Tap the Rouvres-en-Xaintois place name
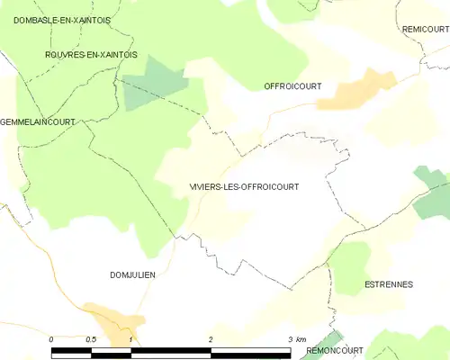click(90, 55)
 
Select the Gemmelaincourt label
click(38, 120)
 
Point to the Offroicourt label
click(292, 86)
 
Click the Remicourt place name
click(425, 30)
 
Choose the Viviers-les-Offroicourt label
click(243, 186)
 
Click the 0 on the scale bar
click(52, 338)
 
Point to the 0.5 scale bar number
click(90, 338)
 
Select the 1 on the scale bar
click(131, 338)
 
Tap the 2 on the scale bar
click(210, 338)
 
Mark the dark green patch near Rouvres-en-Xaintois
click(154, 84)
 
